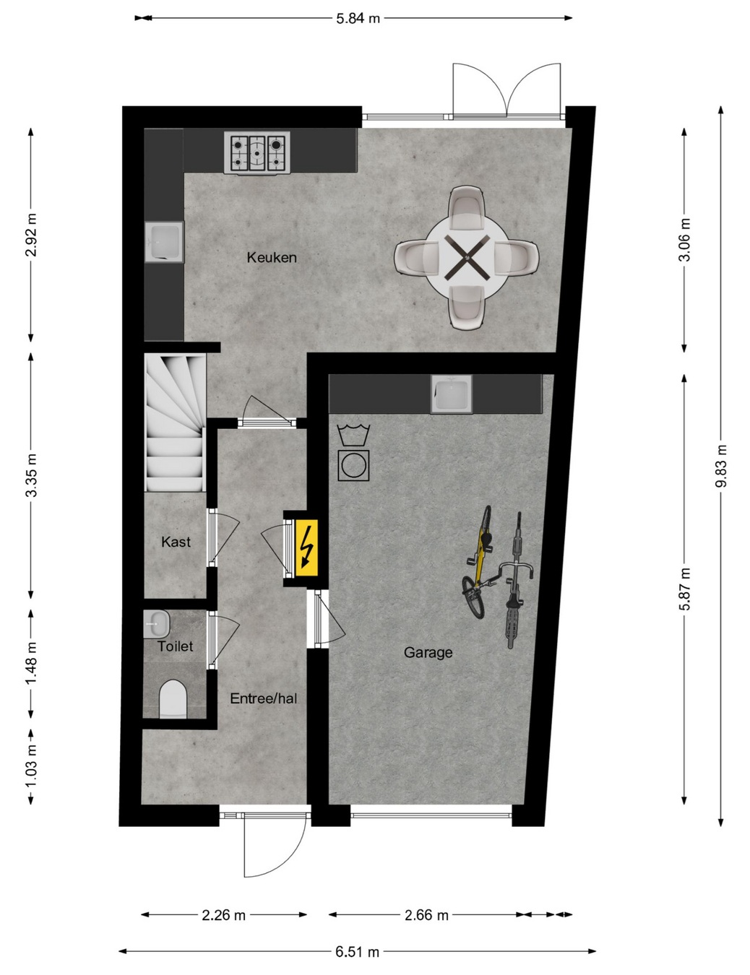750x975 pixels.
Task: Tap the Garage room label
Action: coord(428,653)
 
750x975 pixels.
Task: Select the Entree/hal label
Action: coord(264,698)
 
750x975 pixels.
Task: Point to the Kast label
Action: coord(176,542)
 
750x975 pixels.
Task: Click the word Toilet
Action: coord(175,646)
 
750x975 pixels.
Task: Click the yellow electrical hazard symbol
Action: coord(306,547)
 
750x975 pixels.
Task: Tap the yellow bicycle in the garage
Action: coord(478,563)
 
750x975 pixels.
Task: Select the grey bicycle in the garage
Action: coord(516,581)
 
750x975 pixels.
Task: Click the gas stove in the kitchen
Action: coord(257,152)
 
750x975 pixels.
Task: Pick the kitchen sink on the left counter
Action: coord(164,241)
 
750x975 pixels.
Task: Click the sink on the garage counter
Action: coord(451,394)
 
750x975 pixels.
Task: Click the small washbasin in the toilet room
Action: coord(157,623)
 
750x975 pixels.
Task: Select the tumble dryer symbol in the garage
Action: coord(353,465)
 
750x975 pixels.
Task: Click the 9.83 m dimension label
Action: coord(721,465)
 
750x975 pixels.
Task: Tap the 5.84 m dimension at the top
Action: coord(358,18)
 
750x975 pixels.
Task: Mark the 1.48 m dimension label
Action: coord(31,663)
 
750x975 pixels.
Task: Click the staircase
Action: coord(175,422)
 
